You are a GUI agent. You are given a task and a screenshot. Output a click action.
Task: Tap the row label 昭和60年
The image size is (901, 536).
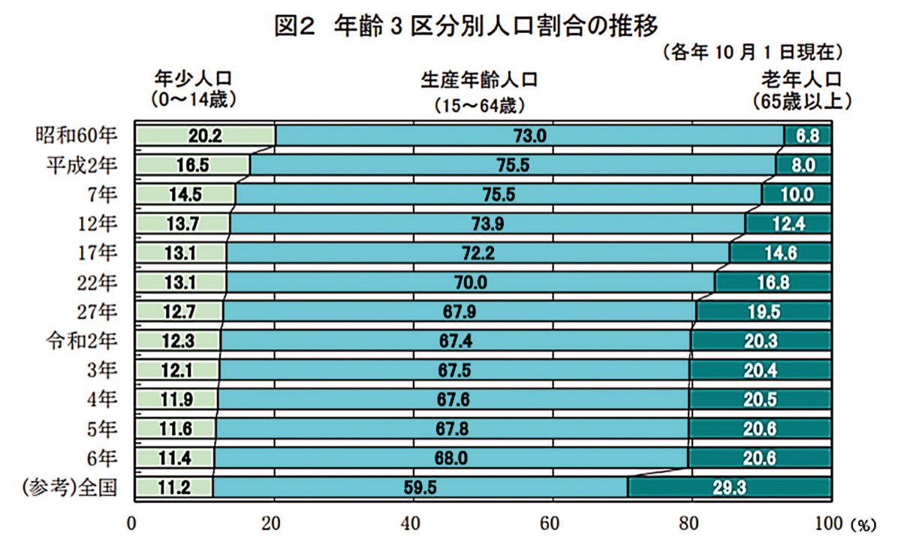coord(77,136)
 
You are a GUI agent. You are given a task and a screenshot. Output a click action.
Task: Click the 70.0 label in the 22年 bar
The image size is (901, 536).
coord(471,282)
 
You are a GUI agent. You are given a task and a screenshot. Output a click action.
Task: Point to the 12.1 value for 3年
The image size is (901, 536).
coord(178,370)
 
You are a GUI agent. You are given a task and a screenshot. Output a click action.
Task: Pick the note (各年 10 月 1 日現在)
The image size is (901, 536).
coord(753,53)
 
